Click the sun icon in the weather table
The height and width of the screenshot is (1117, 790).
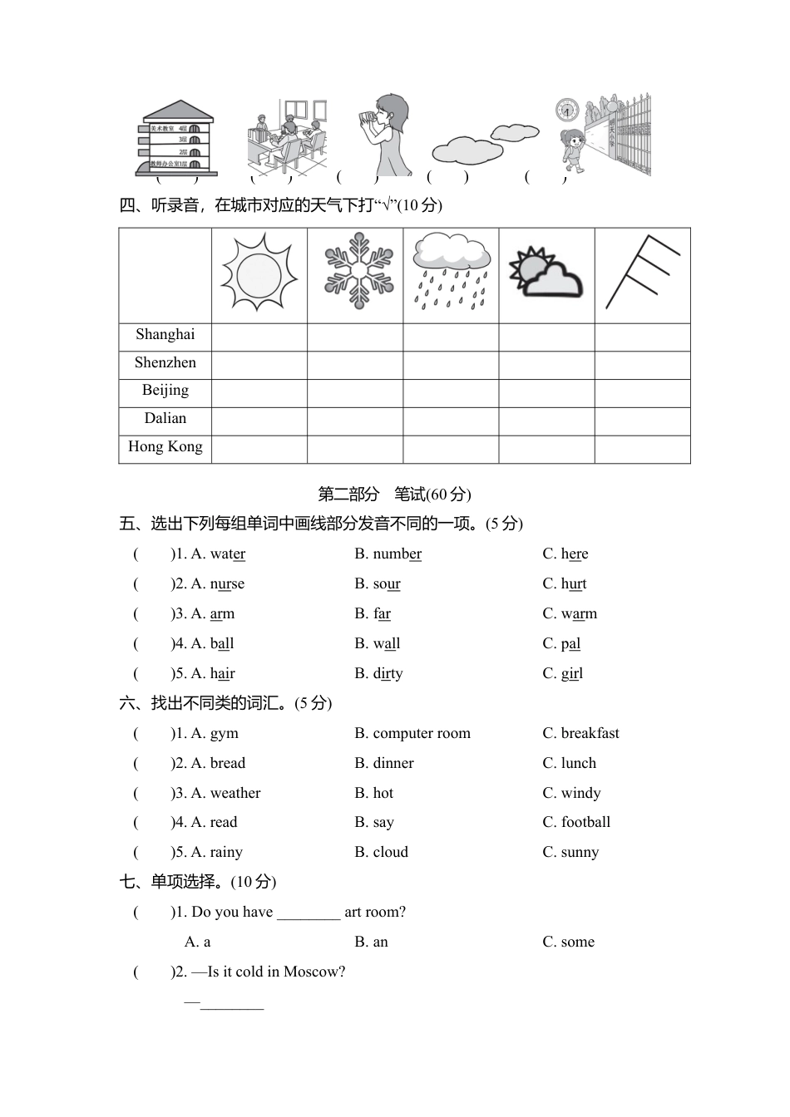click(259, 274)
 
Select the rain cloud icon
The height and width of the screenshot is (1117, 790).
click(451, 271)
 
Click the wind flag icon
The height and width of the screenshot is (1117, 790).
click(642, 271)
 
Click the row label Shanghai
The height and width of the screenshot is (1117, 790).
click(165, 335)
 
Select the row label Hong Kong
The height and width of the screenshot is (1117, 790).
click(165, 447)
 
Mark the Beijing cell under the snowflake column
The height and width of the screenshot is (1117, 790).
click(355, 393)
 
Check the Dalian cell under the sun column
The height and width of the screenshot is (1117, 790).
click(259, 421)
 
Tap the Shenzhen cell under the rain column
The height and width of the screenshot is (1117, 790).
click(451, 365)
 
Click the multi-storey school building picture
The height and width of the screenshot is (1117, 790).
click(176, 139)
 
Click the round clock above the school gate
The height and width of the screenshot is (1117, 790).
click(567, 110)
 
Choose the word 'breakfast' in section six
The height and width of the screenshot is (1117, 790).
click(590, 733)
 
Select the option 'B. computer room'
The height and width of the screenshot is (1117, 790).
click(412, 733)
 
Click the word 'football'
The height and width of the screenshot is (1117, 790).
click(585, 822)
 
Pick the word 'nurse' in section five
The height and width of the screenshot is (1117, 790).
click(227, 583)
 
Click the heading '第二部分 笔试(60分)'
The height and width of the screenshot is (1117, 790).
click(394, 495)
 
